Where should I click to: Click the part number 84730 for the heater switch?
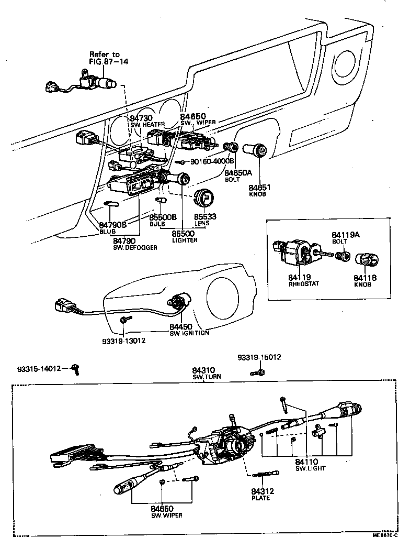pos(141,119)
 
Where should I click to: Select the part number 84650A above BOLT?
pos(238,172)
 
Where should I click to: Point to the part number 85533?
pos(205,216)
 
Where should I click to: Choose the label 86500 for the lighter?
pos(184,233)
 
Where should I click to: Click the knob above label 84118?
pos(365,259)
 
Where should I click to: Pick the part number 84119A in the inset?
pos(346,235)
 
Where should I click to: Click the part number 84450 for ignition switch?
pos(180,326)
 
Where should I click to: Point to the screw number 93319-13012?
pos(123,341)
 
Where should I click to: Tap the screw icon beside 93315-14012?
pos(76,369)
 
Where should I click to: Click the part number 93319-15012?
pos(259,357)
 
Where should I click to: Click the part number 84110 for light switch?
pos(307,462)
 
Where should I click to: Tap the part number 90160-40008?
pos(211,162)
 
